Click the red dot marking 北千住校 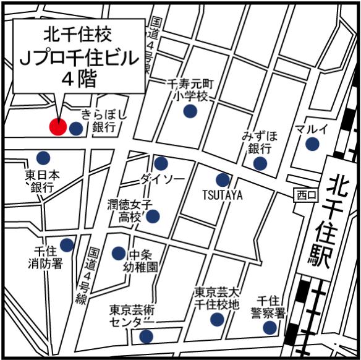[57, 127]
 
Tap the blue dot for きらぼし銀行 [75, 129]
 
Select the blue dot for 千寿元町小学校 [190, 111]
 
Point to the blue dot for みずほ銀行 [260, 163]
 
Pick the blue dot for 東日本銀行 [43, 158]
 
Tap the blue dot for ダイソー [161, 164]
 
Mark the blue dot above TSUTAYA [223, 181]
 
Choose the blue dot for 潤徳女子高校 [152, 216]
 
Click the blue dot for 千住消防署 [67, 245]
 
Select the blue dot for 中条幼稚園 [118, 253]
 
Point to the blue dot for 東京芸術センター [147, 336]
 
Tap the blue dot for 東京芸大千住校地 [216, 319]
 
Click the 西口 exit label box [305, 195]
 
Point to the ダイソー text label [162, 179]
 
